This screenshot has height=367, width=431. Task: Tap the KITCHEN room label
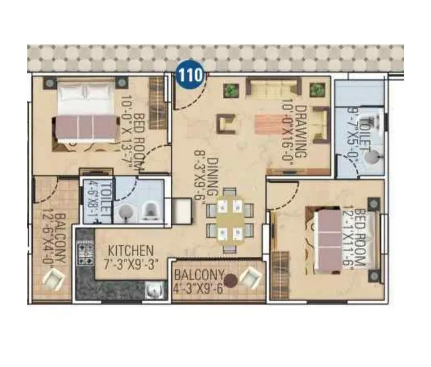[131, 250]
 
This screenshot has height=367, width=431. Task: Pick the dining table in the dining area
[229, 220]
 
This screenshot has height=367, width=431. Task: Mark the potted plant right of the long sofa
[317, 90]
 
